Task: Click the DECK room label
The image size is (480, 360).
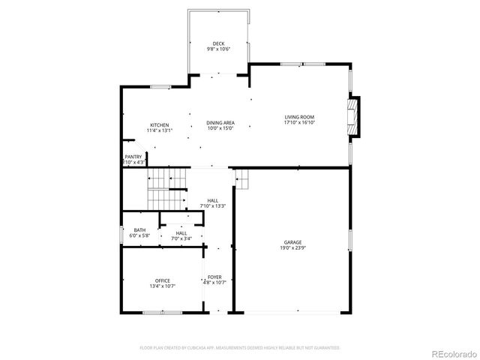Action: coord(218,43)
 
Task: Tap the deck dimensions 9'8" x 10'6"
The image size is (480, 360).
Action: coord(218,49)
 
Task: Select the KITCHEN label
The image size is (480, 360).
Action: coord(159,124)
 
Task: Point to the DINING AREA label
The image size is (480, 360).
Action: coord(220,122)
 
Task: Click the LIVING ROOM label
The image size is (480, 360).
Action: coord(298,116)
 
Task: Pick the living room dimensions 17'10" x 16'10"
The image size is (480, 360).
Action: coord(298,122)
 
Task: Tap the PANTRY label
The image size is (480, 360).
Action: coord(133,157)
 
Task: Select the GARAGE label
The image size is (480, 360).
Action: coord(292,241)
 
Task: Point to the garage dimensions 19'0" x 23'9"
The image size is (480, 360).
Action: coord(292,247)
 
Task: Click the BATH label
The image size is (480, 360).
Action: coord(140,230)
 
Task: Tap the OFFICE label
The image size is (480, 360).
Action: coord(163,280)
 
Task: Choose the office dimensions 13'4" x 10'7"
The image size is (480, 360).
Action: coord(163,286)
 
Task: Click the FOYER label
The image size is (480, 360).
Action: coord(214,277)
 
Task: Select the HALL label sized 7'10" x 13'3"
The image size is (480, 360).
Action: coord(213,200)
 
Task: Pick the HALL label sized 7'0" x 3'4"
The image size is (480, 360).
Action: coord(181,232)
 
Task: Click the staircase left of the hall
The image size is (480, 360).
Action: coord(166,190)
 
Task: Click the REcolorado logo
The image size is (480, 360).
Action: coord(452,353)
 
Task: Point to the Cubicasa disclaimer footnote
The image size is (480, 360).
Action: coord(240,348)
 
